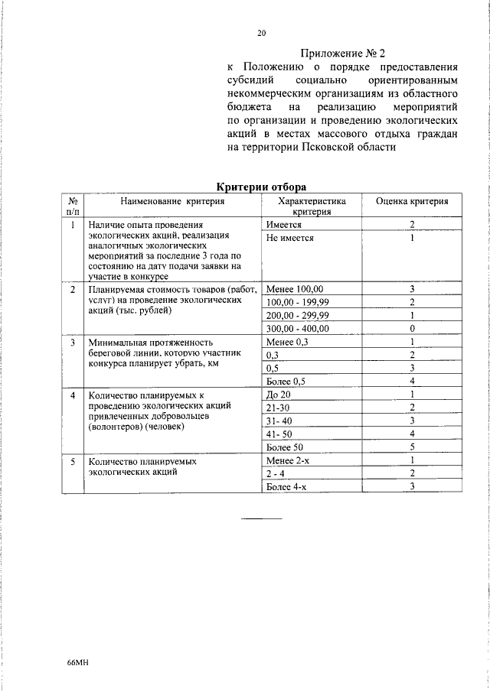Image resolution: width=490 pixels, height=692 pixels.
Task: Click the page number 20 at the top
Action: point(260,33)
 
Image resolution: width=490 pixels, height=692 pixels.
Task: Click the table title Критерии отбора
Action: point(260,186)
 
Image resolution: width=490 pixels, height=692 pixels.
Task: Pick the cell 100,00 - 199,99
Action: point(297,302)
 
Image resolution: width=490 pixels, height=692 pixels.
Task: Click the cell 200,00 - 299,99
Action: point(297,315)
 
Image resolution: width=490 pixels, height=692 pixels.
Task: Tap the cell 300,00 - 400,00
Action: point(297,328)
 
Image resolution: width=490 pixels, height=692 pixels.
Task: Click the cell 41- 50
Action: point(280,434)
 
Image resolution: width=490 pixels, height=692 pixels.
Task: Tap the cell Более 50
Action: point(284,447)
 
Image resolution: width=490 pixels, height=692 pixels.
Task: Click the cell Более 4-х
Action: point(285,486)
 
